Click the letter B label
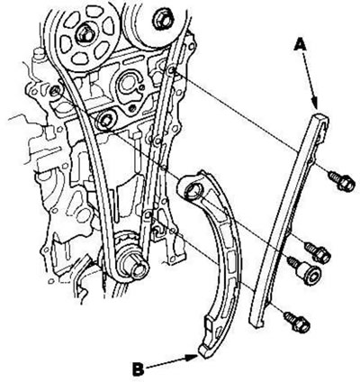[139, 368]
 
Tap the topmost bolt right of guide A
[341, 180]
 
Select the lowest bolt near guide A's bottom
[297, 322]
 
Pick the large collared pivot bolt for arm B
[305, 270]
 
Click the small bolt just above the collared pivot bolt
[318, 252]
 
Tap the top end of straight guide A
[321, 117]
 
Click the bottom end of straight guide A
[256, 324]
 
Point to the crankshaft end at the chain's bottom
[139, 268]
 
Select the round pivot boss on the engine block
[105, 120]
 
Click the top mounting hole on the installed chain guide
[172, 70]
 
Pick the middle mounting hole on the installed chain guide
[157, 141]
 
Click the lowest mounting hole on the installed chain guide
[148, 215]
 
